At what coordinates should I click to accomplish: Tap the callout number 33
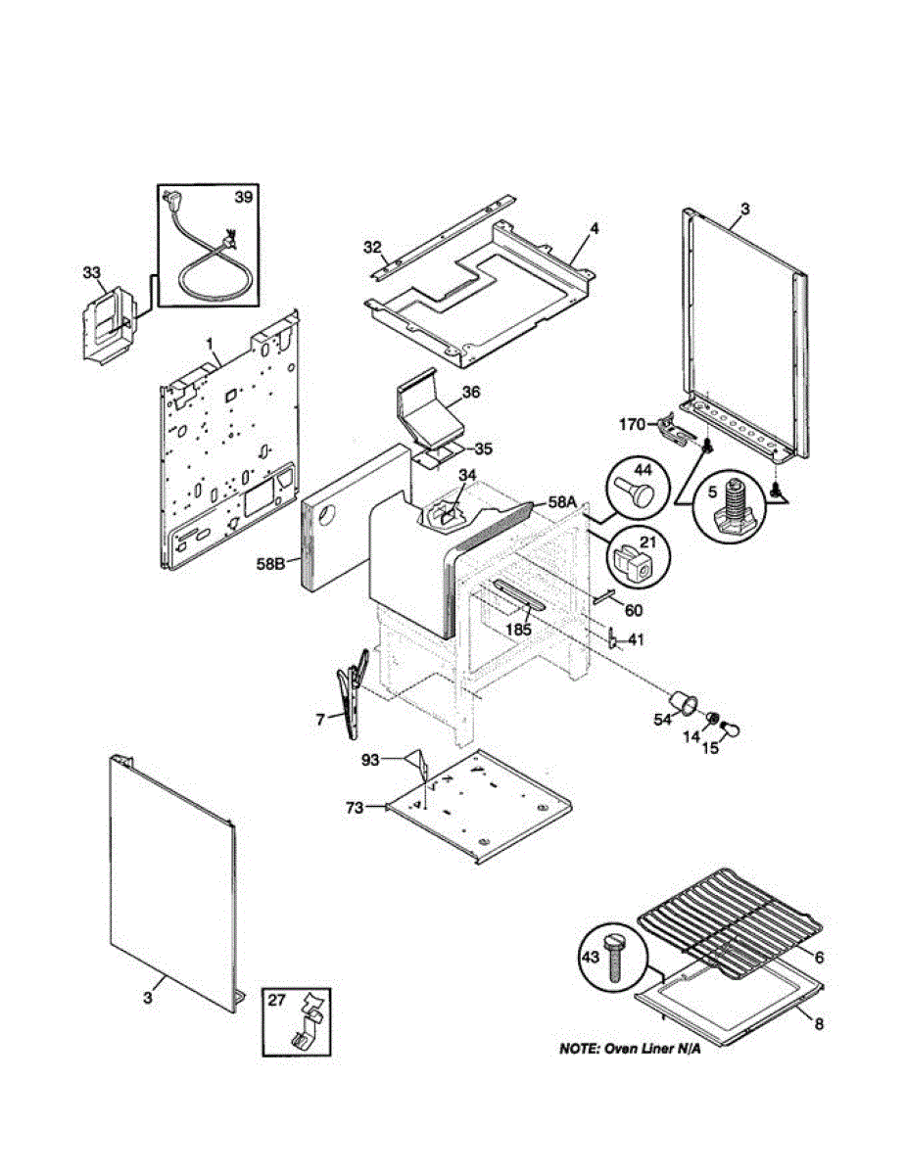pos(91,271)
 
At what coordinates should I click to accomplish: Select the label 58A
pos(563,501)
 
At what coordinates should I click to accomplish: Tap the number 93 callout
pos(371,760)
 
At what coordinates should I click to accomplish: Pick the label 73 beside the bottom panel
pos(356,808)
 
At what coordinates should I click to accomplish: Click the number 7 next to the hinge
pos(320,720)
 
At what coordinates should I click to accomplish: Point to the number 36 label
pos(470,392)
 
